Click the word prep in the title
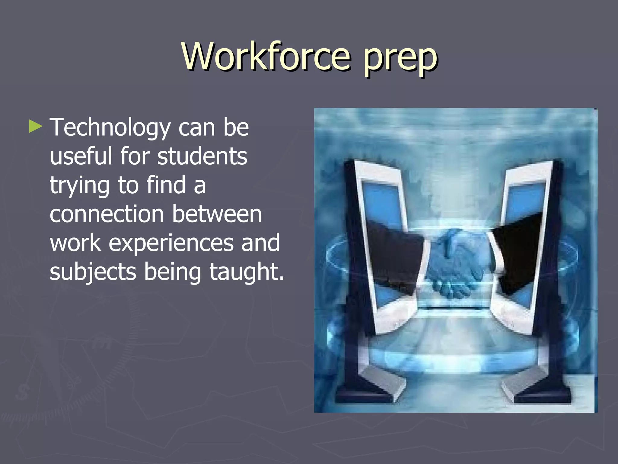(x=400, y=59)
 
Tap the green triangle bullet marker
(x=35, y=127)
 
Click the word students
(x=202, y=156)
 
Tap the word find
(x=166, y=185)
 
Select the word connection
(x=107, y=214)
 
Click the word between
(x=217, y=214)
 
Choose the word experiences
(x=171, y=243)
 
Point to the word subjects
(x=93, y=272)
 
